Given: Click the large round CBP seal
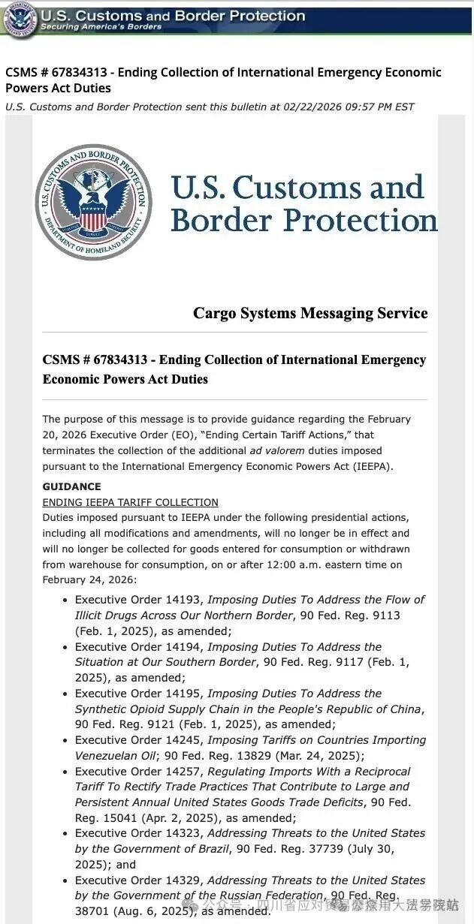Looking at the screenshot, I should point(93,202).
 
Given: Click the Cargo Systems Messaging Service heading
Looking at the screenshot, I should point(310,313).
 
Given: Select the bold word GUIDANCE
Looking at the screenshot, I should point(71,486).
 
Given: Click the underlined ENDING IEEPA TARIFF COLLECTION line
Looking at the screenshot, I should point(130,502).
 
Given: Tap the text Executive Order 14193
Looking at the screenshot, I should point(139,600).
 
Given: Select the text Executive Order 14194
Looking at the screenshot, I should point(139,646).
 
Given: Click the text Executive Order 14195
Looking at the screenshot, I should point(139,693).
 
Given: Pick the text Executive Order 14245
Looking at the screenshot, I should point(139,740).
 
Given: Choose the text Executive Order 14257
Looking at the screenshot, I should point(139,771).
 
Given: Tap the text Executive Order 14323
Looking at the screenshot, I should point(139,833).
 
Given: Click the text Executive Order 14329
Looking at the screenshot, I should point(139,880).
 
